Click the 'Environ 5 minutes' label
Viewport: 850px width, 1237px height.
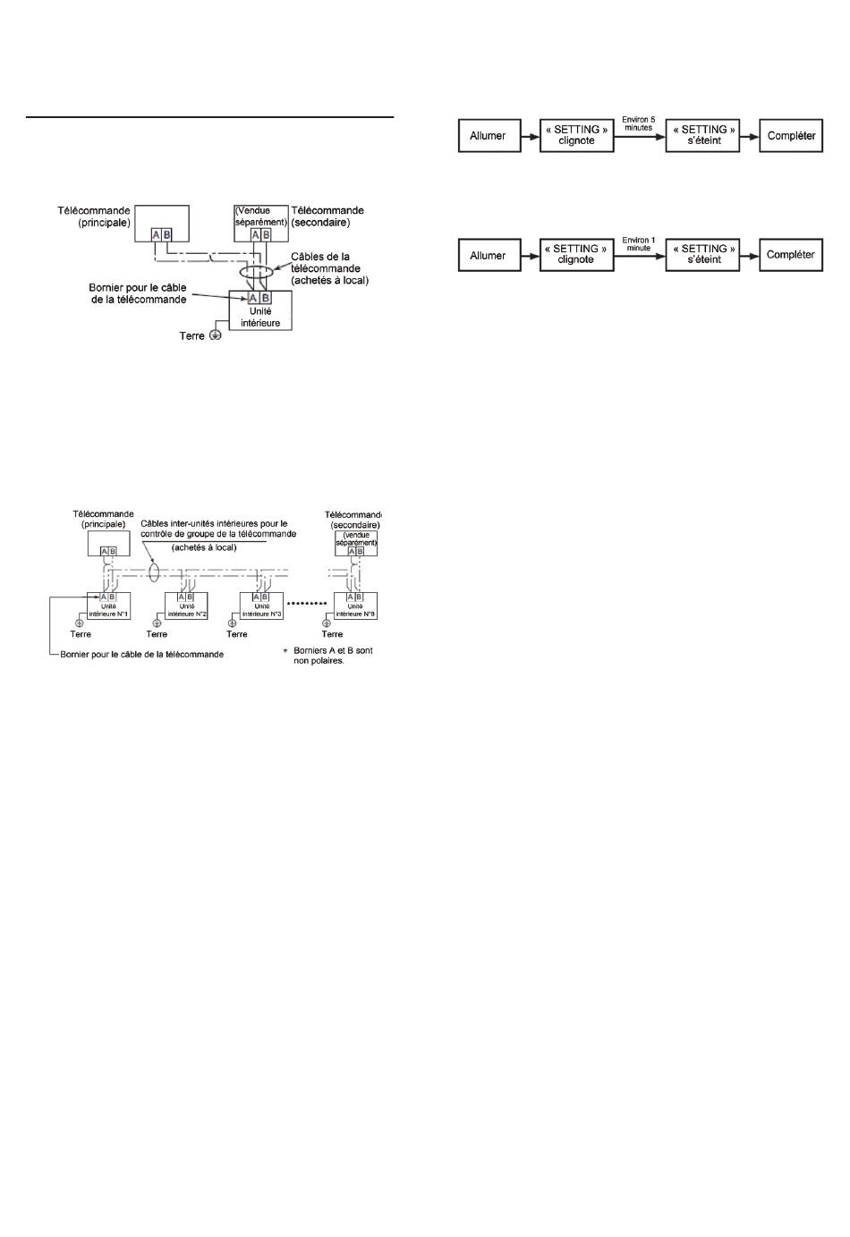pyautogui.click(x=639, y=123)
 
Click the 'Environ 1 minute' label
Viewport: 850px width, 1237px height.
pyautogui.click(x=639, y=244)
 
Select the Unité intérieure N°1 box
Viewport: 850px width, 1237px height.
pyautogui.click(x=109, y=606)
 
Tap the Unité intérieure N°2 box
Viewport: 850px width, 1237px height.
pyautogui.click(x=187, y=606)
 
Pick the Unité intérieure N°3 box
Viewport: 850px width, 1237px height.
pyautogui.click(x=262, y=606)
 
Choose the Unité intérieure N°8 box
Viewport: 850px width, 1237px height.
pyautogui.click(x=356, y=606)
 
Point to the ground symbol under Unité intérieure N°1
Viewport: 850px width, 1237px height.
pyautogui.click(x=80, y=623)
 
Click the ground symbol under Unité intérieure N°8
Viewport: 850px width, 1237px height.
pyautogui.click(x=327, y=623)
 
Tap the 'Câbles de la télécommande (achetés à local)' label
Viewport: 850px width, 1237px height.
pyautogui.click(x=330, y=268)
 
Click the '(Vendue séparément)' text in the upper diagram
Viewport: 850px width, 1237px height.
pyautogui.click(x=261, y=216)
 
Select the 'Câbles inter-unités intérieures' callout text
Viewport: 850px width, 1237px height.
pyautogui.click(x=218, y=529)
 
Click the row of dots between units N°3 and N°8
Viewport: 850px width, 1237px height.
pyautogui.click(x=308, y=604)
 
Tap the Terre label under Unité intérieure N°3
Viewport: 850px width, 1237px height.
pyautogui.click(x=237, y=634)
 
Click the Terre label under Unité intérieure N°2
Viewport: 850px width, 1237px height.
pyautogui.click(x=157, y=634)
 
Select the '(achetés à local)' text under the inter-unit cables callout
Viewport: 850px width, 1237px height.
pyautogui.click(x=204, y=547)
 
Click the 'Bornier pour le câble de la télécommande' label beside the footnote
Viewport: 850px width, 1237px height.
pyautogui.click(x=142, y=655)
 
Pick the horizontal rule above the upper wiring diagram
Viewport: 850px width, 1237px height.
pyautogui.click(x=209, y=117)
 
